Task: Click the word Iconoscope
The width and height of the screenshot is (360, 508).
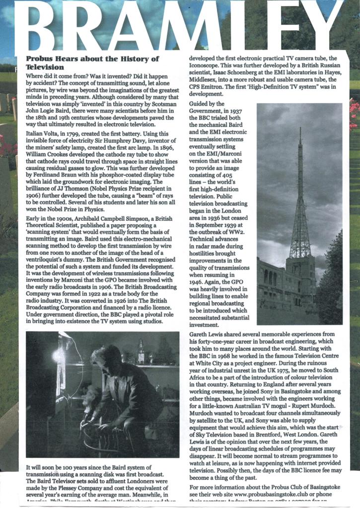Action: click(206, 65)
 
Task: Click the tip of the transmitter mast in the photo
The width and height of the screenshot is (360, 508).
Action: click(300, 128)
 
